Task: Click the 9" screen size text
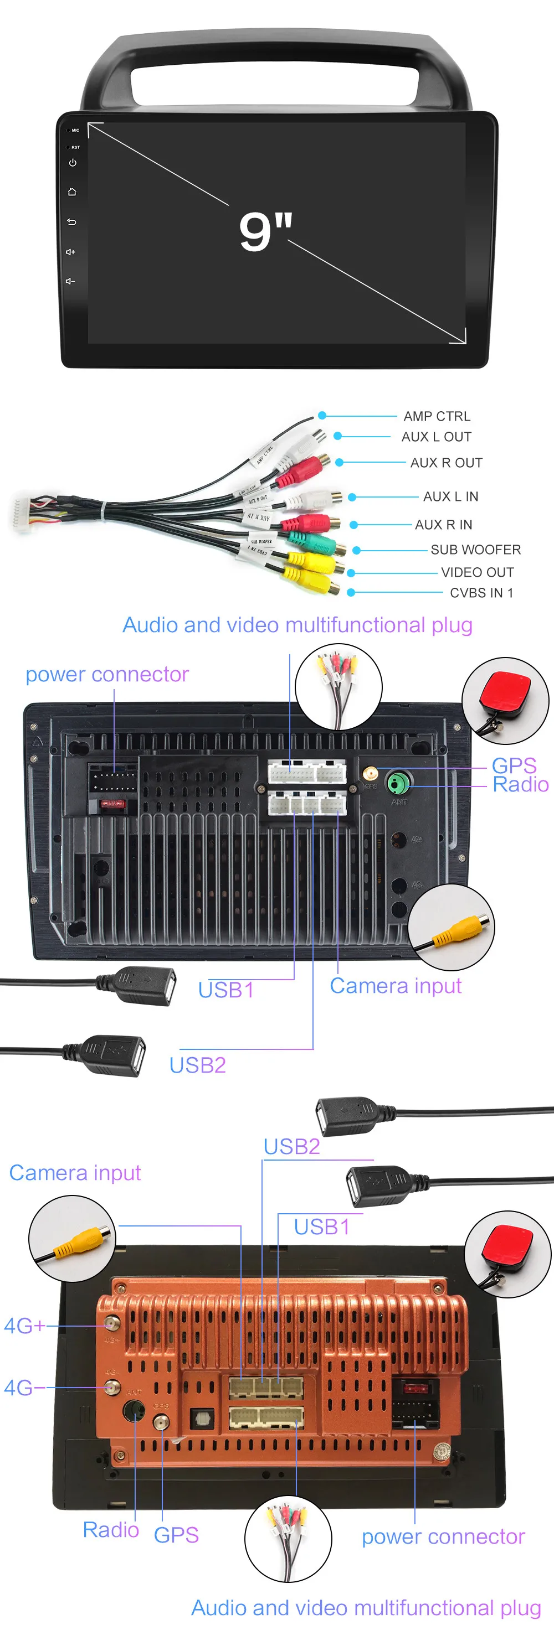point(265,231)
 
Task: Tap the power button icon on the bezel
point(73,163)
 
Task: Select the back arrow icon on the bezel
point(72,222)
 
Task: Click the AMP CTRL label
point(437,417)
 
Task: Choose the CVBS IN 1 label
point(481,593)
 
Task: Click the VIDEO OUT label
point(477,572)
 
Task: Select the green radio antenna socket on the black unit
point(398,783)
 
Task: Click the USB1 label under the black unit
point(225,990)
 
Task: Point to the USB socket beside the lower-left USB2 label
point(122,1055)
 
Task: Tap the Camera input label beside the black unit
point(396,986)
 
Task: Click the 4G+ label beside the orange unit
point(24,1326)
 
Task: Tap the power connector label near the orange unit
point(443,1537)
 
